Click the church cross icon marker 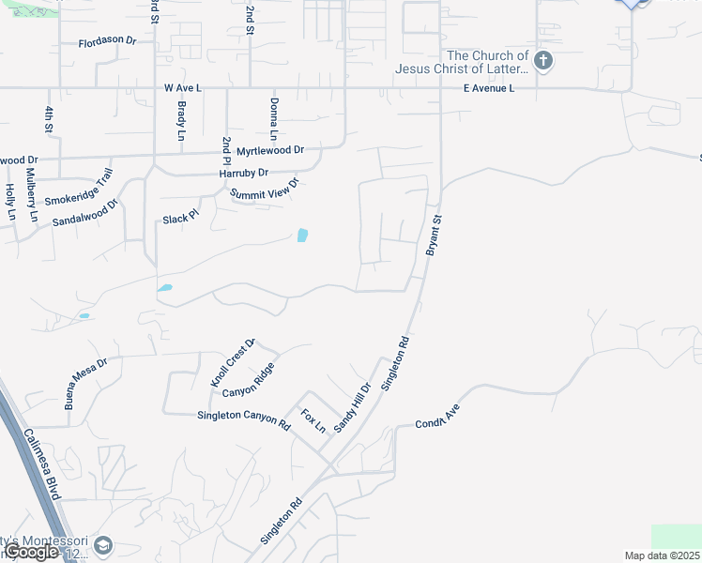point(543,62)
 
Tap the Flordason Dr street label point(108,42)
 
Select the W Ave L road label point(183,87)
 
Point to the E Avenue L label point(489,88)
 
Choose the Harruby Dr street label point(243,174)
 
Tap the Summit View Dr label point(265,189)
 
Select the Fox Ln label point(313,420)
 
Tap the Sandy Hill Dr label point(353,405)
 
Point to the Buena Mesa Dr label point(86,383)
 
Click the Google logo point(32,552)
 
